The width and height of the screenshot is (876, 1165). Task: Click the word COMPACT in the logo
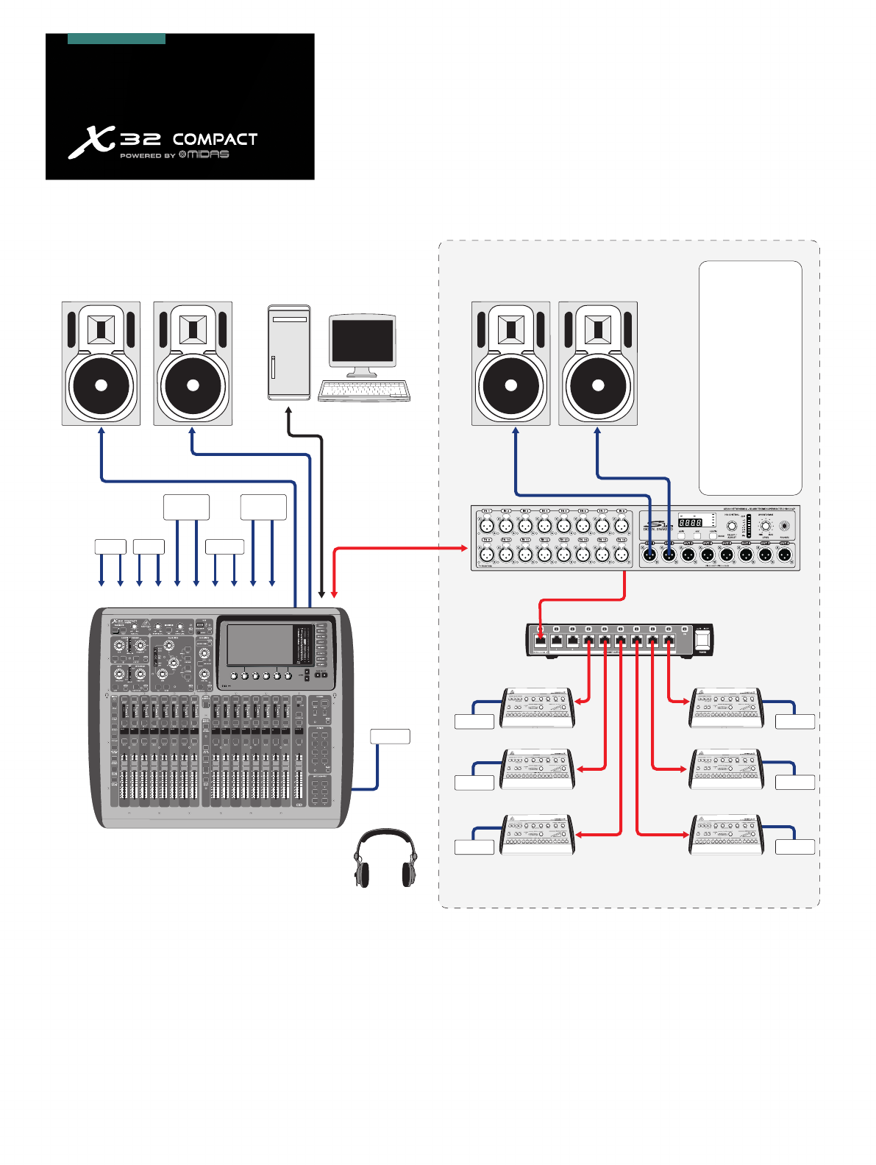pyautogui.click(x=215, y=140)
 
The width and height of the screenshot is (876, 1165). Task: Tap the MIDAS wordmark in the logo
pyautogui.click(x=208, y=154)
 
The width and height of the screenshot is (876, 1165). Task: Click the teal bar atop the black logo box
pyautogui.click(x=116, y=39)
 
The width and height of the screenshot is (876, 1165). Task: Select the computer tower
pyautogui.click(x=289, y=352)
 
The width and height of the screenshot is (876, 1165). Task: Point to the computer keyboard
pyautogui.click(x=364, y=391)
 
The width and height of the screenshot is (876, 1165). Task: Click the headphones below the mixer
pyautogui.click(x=385, y=858)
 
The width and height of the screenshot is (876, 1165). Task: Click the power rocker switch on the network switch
pyautogui.click(x=703, y=639)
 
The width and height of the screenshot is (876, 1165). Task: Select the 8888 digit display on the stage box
pyautogui.click(x=689, y=522)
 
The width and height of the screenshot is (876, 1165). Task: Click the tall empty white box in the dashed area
pyautogui.click(x=749, y=377)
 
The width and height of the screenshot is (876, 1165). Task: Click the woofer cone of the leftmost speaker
pyautogui.click(x=101, y=385)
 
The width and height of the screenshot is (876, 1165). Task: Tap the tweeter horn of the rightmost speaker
pyautogui.click(x=598, y=329)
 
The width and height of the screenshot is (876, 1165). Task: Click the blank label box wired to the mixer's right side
pyautogui.click(x=390, y=736)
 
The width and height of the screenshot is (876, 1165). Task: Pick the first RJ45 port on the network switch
pyautogui.click(x=541, y=641)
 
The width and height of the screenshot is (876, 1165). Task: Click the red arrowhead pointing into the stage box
pyautogui.click(x=465, y=547)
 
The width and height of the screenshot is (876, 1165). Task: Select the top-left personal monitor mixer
pyautogui.click(x=537, y=708)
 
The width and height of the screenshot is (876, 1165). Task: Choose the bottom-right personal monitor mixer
pyautogui.click(x=725, y=836)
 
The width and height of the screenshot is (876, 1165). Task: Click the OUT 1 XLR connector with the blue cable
pyautogui.click(x=650, y=555)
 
